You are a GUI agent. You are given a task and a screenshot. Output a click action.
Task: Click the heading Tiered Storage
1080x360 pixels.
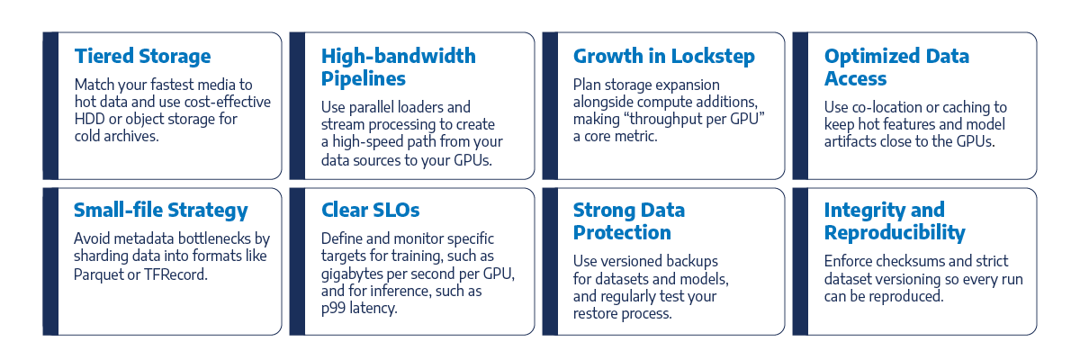pos(143,57)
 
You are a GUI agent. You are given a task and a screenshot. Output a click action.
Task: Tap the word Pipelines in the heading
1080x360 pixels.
pos(364,79)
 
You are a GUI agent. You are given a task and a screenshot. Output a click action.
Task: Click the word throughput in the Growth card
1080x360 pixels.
pos(666,119)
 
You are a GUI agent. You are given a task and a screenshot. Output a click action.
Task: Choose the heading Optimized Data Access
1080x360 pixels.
pos(896,67)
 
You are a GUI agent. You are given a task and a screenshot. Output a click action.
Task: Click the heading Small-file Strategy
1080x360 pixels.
pos(160,211)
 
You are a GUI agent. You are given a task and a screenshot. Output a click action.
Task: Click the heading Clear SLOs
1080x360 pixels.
pos(370,210)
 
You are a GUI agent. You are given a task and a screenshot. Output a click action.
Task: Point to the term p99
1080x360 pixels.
pos(333,309)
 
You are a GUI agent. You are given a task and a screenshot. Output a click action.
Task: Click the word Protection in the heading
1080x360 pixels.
pos(622,233)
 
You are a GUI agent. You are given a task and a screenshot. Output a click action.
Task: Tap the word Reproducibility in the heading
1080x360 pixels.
pos(895,233)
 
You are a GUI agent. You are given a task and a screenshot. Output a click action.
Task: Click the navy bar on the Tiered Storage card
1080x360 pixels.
pos(50,106)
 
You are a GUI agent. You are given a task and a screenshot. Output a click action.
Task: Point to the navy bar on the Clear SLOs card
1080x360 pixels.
pos(298,262)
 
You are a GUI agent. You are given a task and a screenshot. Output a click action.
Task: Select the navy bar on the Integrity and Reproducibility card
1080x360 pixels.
pos(800,262)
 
